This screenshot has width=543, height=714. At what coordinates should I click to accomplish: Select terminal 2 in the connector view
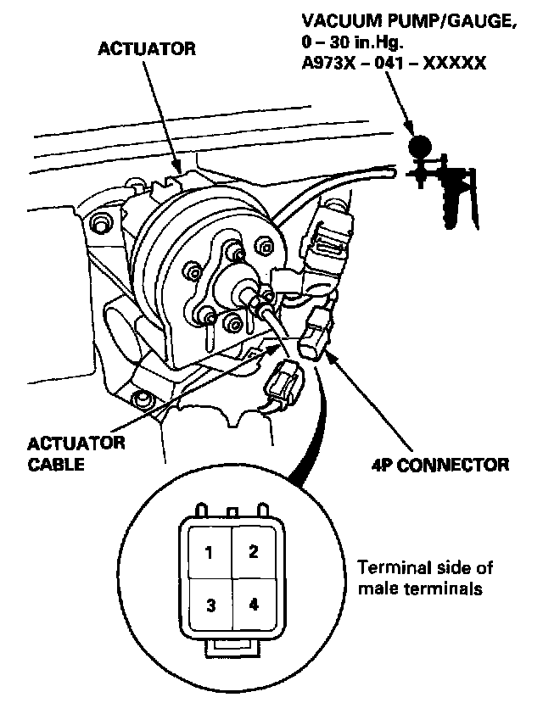(x=252, y=552)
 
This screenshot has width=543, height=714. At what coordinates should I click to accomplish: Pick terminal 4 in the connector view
(x=253, y=605)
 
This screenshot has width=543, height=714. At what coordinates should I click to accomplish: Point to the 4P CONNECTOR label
(x=440, y=465)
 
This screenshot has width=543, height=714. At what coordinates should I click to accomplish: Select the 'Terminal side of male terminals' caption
(x=424, y=577)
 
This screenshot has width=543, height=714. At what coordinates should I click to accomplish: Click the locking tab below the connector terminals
(x=231, y=649)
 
